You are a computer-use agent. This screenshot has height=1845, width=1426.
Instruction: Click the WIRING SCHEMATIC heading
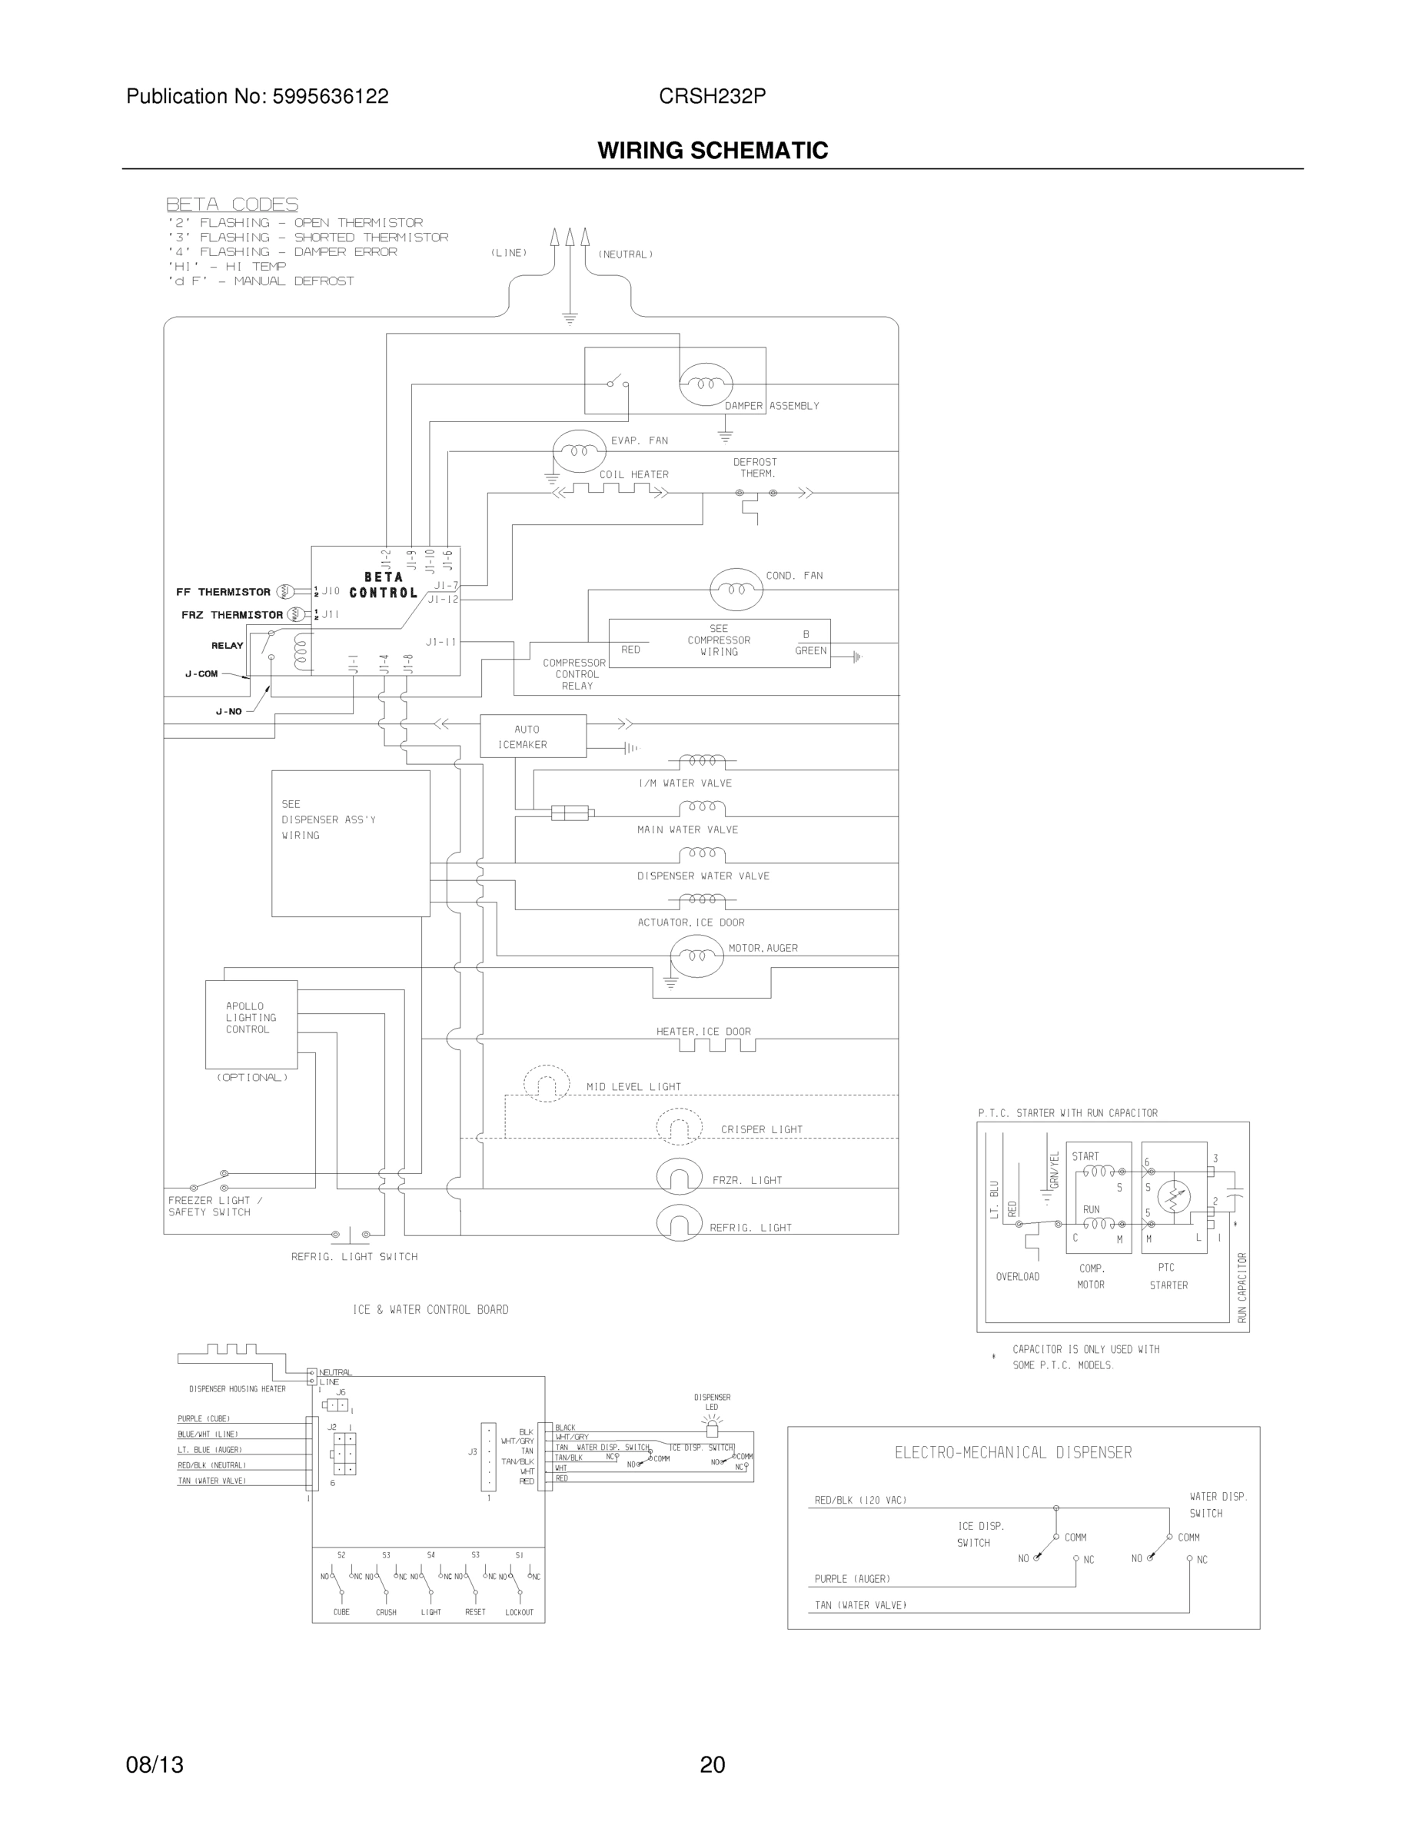pos(712,151)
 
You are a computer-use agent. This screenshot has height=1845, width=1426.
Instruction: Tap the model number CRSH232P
pos(712,96)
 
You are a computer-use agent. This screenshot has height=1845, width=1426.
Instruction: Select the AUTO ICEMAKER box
pos(532,736)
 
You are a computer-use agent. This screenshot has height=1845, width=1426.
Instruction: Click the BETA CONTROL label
pos(384,584)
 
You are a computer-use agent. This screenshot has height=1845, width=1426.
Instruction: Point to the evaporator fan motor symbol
pos(579,451)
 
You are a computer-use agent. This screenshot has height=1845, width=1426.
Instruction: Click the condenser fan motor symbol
pos(736,589)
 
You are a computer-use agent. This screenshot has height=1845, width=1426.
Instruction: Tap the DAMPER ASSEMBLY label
pos(771,405)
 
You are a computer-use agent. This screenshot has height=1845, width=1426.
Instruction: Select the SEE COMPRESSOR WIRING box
pos(719,643)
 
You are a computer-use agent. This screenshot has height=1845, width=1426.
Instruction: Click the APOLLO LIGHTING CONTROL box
pos(251,1024)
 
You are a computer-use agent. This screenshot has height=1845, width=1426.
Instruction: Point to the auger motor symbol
pos(696,956)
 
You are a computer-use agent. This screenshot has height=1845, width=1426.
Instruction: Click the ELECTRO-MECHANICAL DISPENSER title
pos(1013,1452)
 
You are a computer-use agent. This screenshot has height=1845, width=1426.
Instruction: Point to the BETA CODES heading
pos(231,204)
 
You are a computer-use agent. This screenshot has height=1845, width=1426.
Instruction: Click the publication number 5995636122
pos(331,96)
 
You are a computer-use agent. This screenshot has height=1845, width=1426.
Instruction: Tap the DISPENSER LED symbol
pos(712,1429)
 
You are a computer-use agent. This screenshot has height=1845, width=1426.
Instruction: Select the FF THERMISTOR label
pos(223,592)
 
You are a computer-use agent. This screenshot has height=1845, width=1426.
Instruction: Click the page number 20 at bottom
pos(712,1764)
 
